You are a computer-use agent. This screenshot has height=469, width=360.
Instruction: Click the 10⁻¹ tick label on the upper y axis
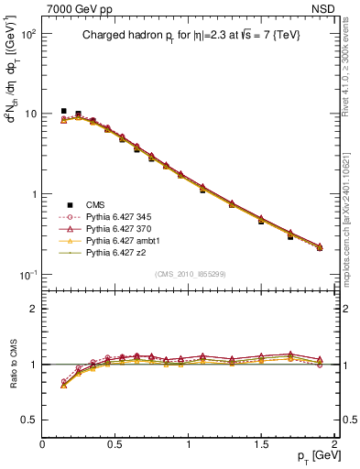click(x=27, y=275)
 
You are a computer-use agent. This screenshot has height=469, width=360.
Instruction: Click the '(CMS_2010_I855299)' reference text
click(x=189, y=274)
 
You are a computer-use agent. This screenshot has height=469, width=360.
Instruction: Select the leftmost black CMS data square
click(x=63, y=111)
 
